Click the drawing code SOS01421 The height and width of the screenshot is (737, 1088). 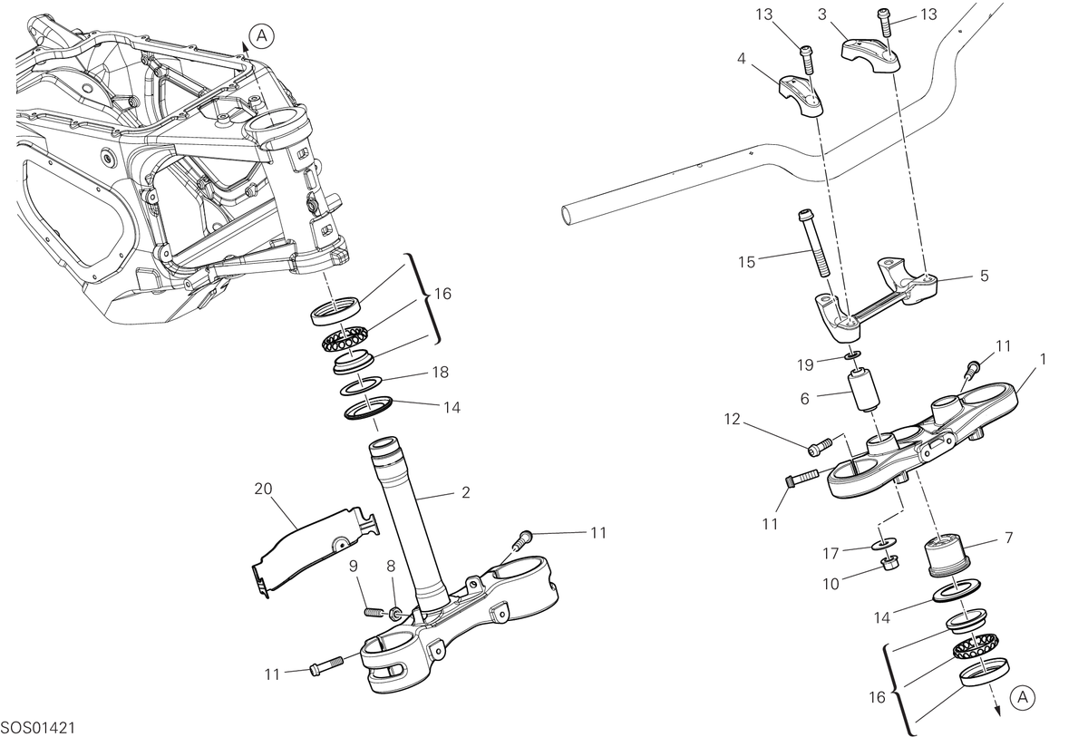pos(38,728)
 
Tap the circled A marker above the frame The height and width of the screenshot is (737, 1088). pos(262,36)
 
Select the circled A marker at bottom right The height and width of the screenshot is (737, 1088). pos(1023,698)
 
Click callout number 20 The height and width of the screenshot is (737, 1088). pos(263,489)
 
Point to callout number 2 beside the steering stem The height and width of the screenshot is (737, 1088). pos(466,492)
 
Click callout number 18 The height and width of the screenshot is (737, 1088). pos(441,373)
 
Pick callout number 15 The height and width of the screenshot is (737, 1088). pos(747,262)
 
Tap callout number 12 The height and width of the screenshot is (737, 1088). pos(733,419)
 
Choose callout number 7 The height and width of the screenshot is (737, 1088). pos(1009,538)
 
